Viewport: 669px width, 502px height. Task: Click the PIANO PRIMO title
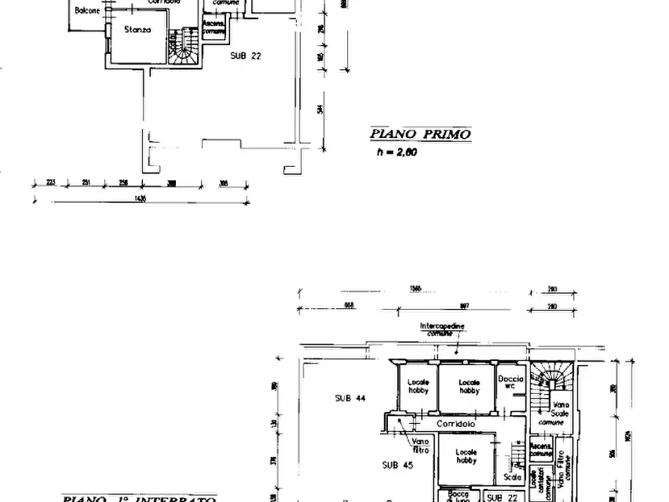420,135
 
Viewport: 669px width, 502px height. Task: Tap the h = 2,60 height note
396,152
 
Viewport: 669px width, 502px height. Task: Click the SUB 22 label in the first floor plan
247,55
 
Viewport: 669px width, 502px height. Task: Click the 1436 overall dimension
139,199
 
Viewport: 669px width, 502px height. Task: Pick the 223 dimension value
50,182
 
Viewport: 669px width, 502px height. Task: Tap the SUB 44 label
350,399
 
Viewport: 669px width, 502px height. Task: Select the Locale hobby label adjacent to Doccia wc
469,386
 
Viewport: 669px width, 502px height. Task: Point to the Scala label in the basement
513,477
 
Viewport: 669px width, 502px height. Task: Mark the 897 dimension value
464,305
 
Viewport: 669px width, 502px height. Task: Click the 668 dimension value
348,305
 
